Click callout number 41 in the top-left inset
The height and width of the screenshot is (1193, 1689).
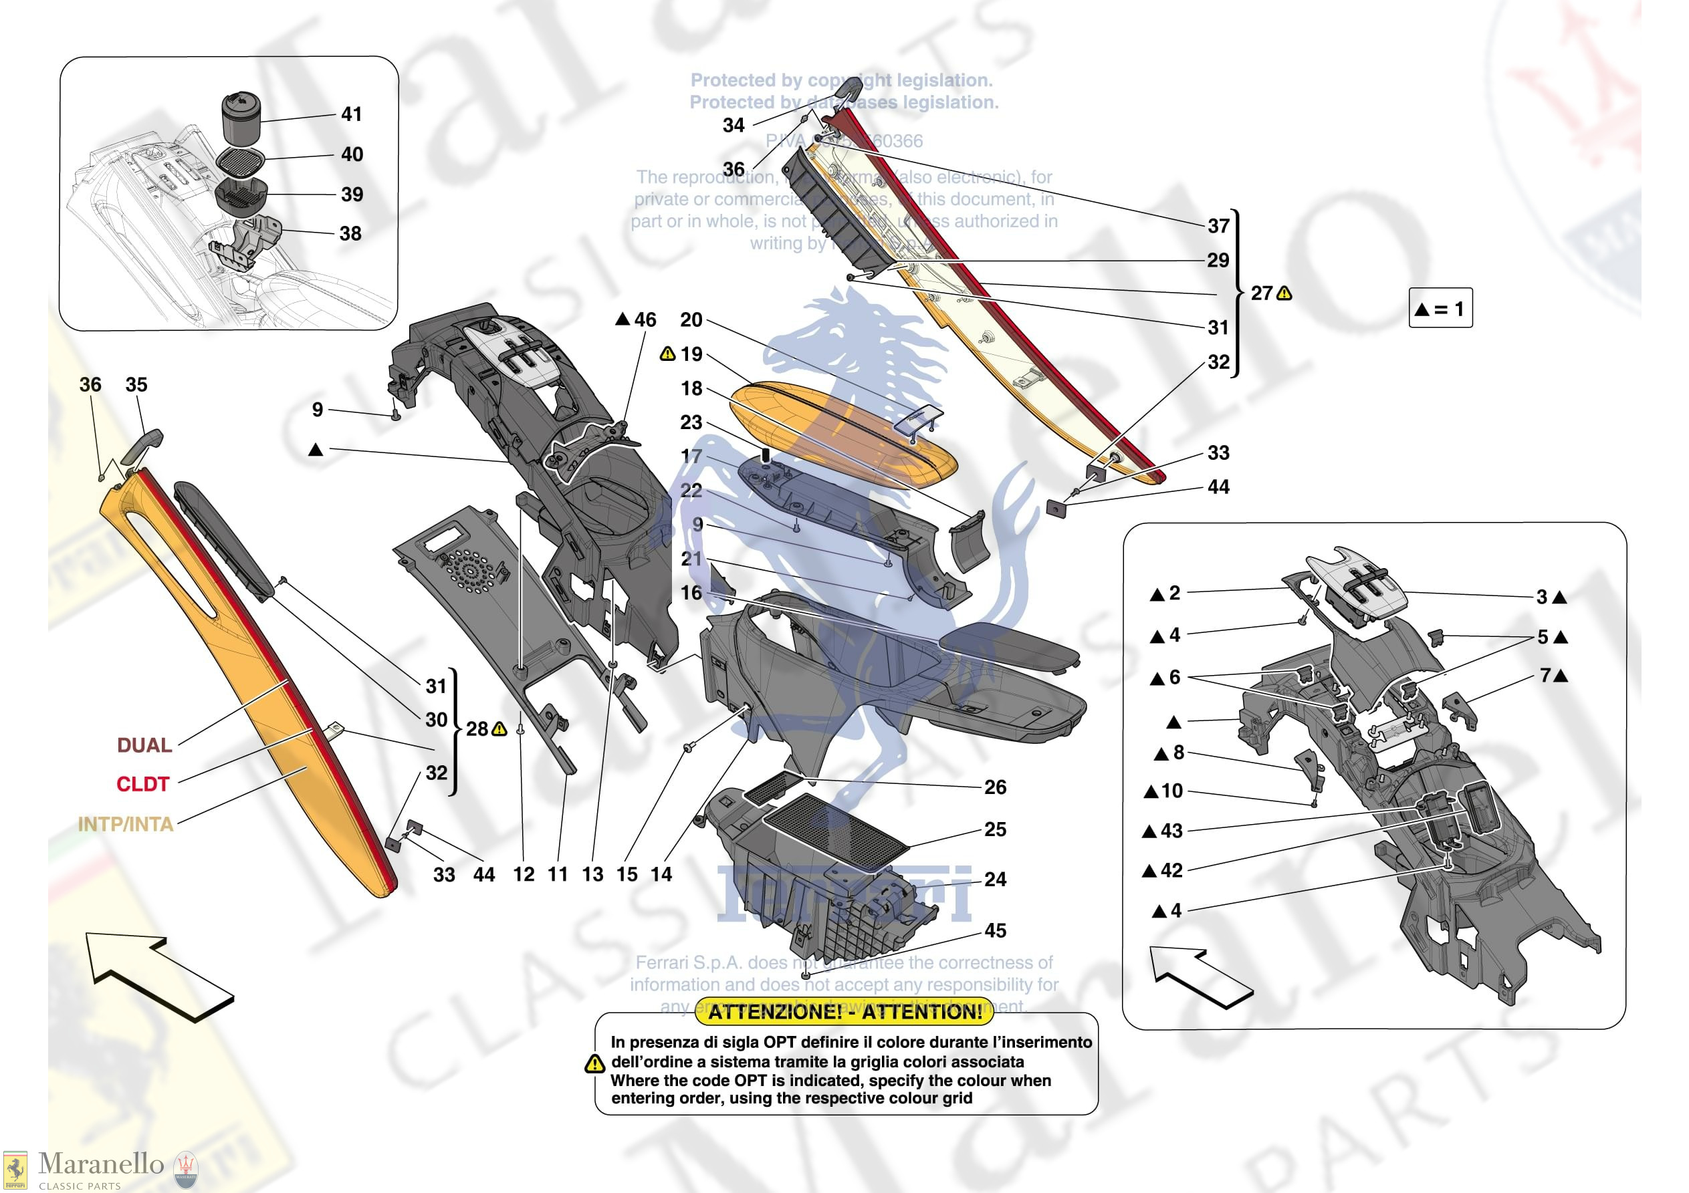click(x=352, y=114)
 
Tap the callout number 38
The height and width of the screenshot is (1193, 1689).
click(x=350, y=234)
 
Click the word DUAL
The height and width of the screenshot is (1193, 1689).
click(x=144, y=745)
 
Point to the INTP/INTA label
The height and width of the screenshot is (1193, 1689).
click(x=126, y=824)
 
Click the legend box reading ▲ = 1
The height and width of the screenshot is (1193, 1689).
click(x=1440, y=308)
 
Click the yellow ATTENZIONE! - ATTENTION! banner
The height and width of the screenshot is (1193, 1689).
click(x=844, y=1012)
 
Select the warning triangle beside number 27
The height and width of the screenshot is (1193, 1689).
click(x=1284, y=293)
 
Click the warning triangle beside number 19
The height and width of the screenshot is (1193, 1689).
click(x=667, y=354)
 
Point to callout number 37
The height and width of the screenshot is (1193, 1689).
click(x=1218, y=226)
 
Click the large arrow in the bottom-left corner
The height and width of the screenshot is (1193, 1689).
click(x=158, y=974)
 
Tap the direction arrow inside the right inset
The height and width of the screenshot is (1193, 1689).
click(x=1200, y=976)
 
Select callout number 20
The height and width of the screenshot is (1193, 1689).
click(x=691, y=320)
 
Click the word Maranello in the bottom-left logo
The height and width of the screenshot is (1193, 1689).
click(x=101, y=1164)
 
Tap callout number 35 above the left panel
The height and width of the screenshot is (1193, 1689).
click(x=136, y=385)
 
